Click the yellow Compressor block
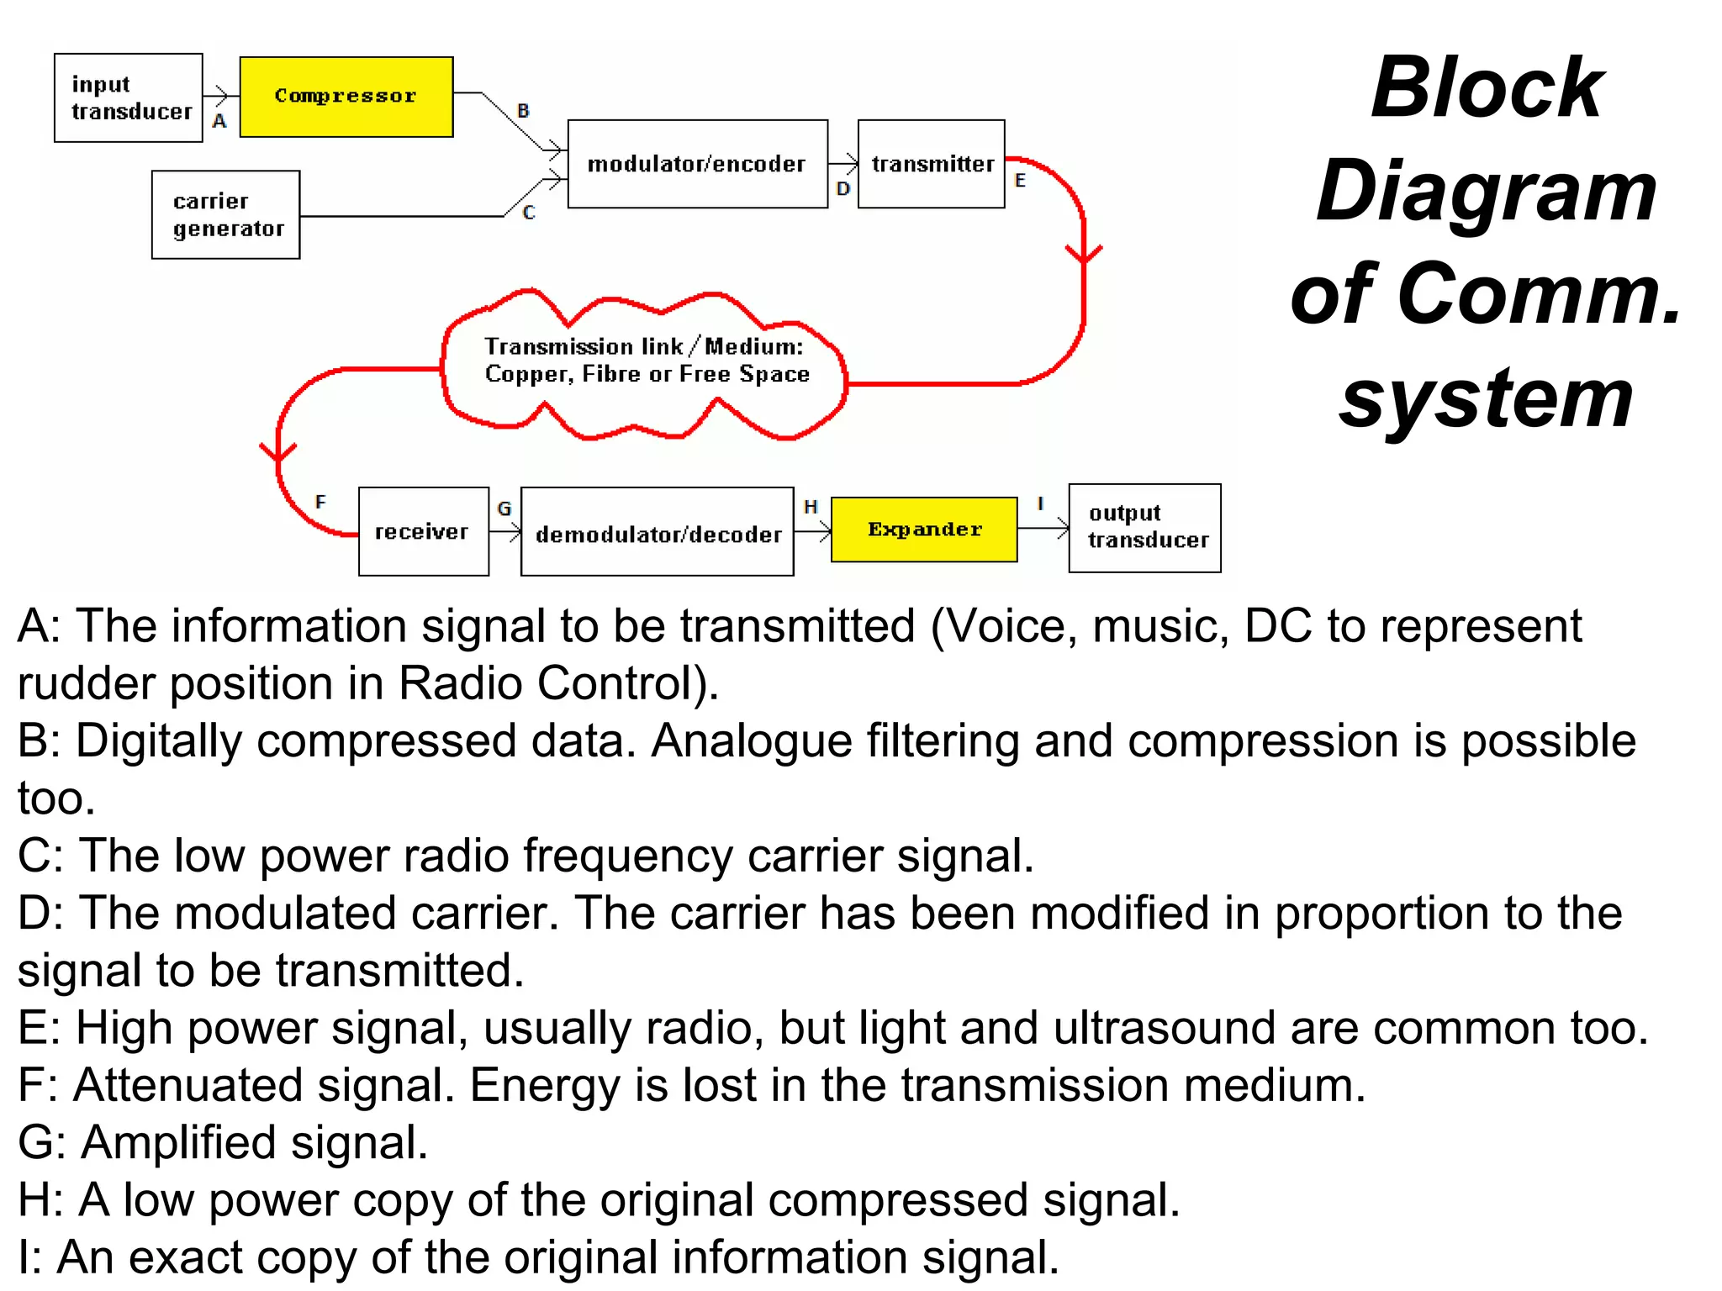click(x=346, y=97)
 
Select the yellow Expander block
click(x=923, y=530)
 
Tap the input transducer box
click(x=129, y=97)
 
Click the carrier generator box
click(x=225, y=215)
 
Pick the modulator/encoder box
click(x=697, y=164)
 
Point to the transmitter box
click(x=931, y=164)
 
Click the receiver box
click(x=423, y=531)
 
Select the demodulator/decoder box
click(x=657, y=533)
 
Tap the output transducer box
click(x=1144, y=528)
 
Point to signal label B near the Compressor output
click(x=523, y=110)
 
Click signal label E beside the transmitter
click(x=1020, y=181)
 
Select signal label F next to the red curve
click(x=320, y=503)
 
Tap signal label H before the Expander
click(x=810, y=507)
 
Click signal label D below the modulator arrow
click(x=843, y=190)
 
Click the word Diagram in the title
click(x=1486, y=192)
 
